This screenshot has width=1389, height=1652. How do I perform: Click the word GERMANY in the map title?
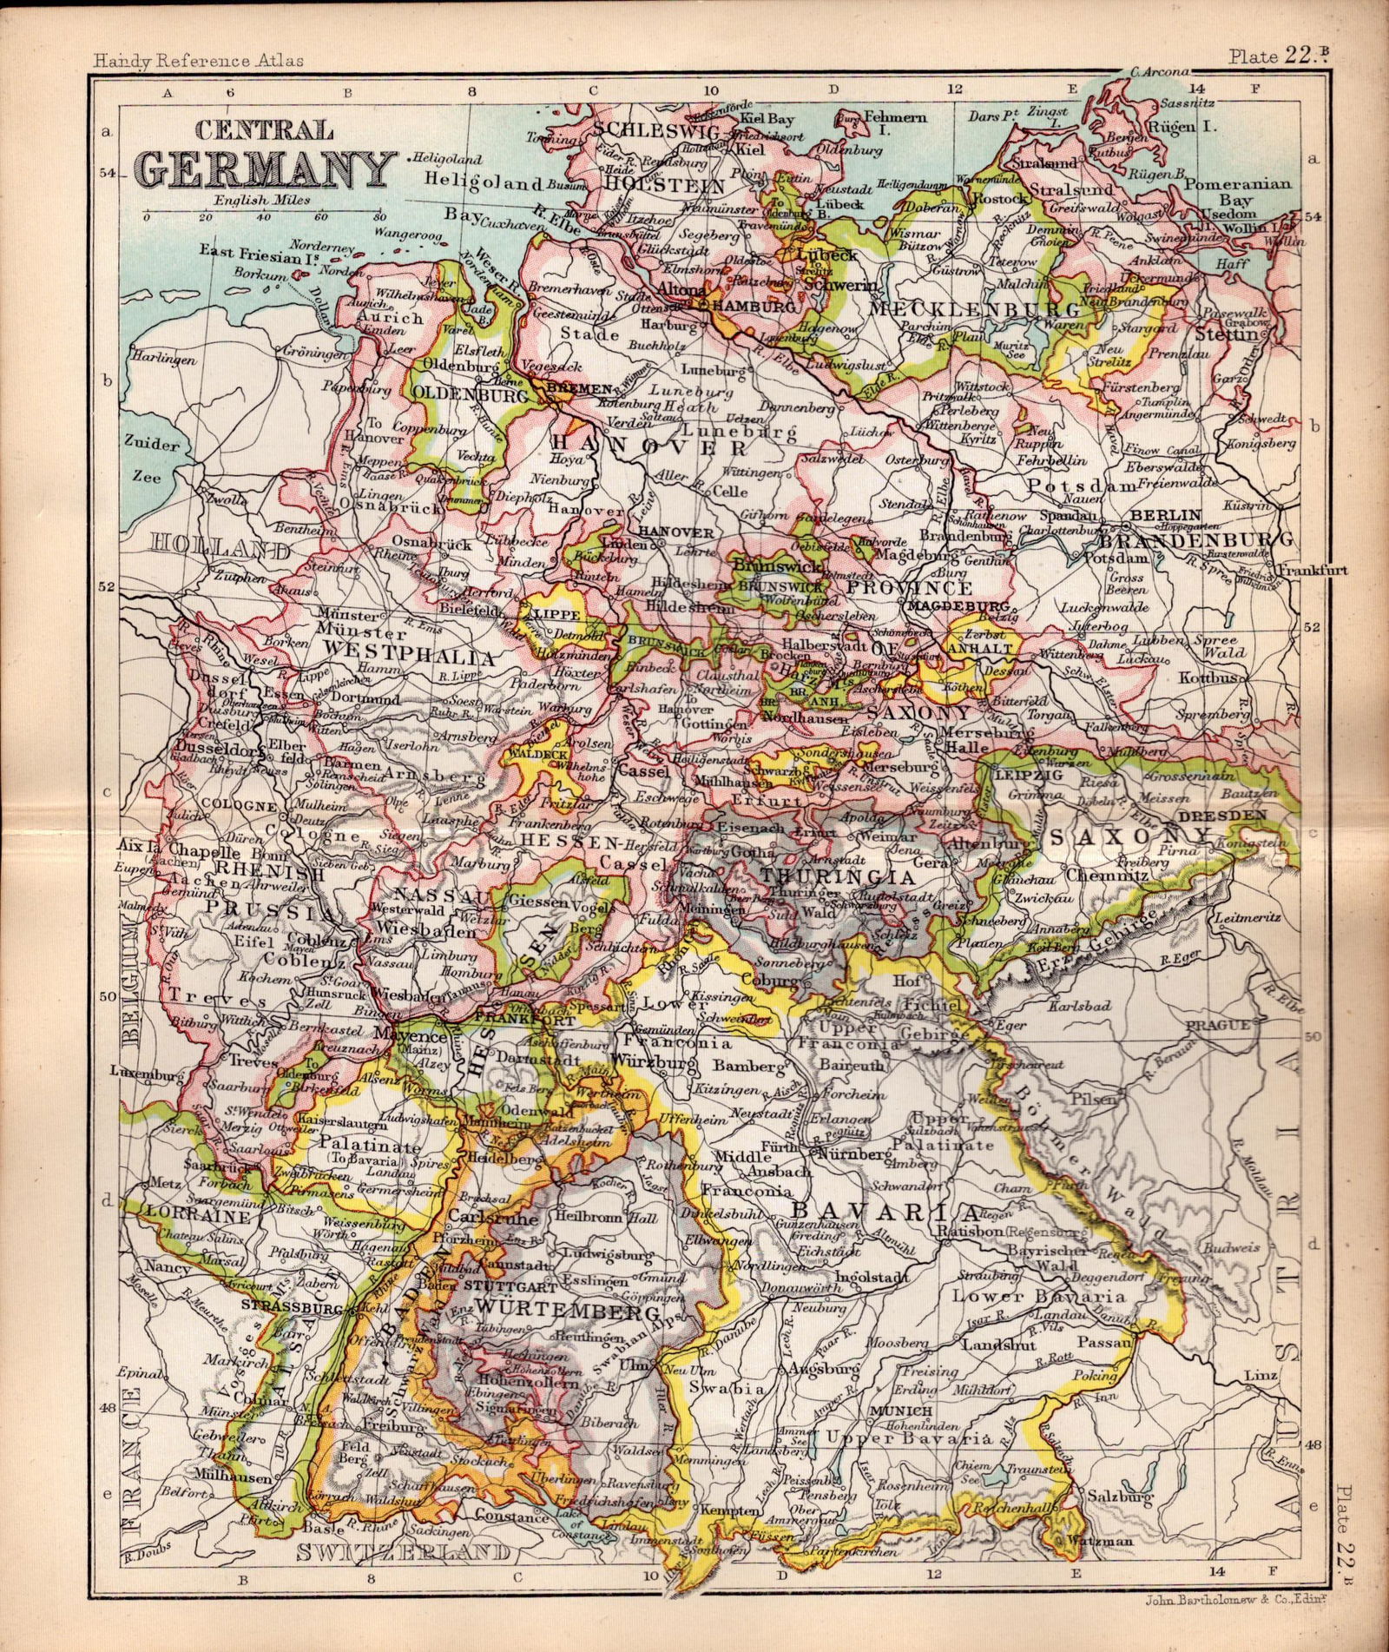click(266, 169)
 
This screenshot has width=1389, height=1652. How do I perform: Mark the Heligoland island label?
click(482, 184)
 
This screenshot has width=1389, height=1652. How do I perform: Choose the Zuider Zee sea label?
click(153, 460)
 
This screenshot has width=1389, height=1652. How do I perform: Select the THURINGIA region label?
click(816, 874)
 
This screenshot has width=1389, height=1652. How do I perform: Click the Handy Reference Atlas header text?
click(198, 61)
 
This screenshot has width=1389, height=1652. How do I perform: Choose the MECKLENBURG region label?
click(974, 309)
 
